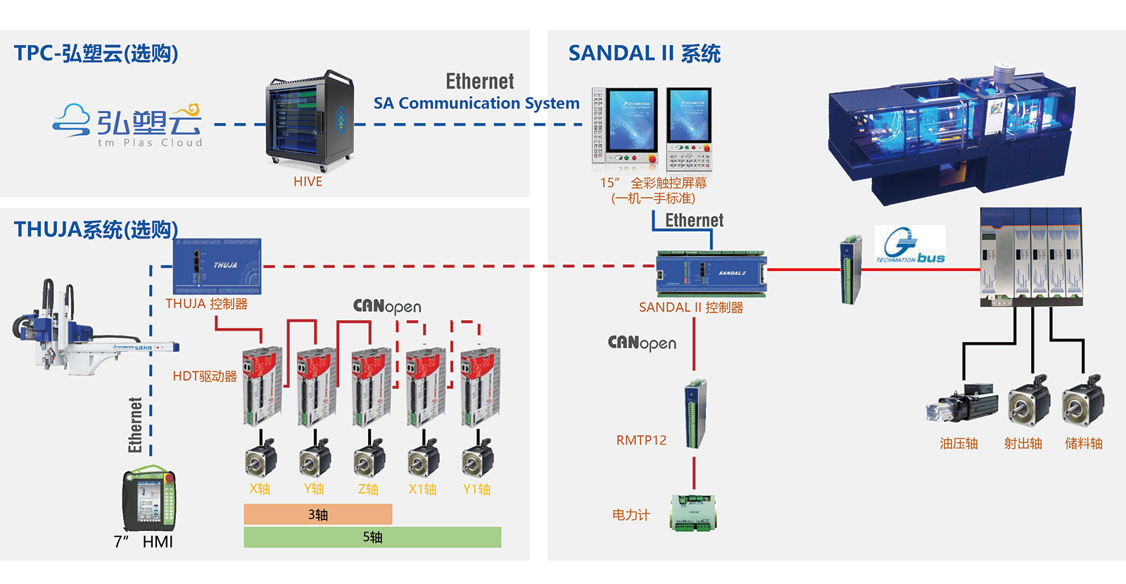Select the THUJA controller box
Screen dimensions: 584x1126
tap(217, 267)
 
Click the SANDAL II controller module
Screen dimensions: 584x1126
tap(711, 273)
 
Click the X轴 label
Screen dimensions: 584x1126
tap(260, 489)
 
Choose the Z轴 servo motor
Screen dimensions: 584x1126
tap(369, 457)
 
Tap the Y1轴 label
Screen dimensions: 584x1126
tap(476, 489)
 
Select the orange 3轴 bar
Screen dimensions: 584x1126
tap(317, 514)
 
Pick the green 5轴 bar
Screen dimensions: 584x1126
tap(372, 538)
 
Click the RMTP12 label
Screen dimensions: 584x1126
tap(641, 440)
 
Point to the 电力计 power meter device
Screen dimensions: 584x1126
tap(693, 512)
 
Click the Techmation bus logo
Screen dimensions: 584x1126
tap(910, 245)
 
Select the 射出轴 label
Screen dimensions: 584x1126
tap(1023, 443)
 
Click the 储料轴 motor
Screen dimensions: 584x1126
tap(1082, 403)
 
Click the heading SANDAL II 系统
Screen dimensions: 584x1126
tap(644, 53)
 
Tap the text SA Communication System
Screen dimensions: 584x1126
tap(476, 103)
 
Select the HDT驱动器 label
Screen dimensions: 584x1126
tap(205, 376)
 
